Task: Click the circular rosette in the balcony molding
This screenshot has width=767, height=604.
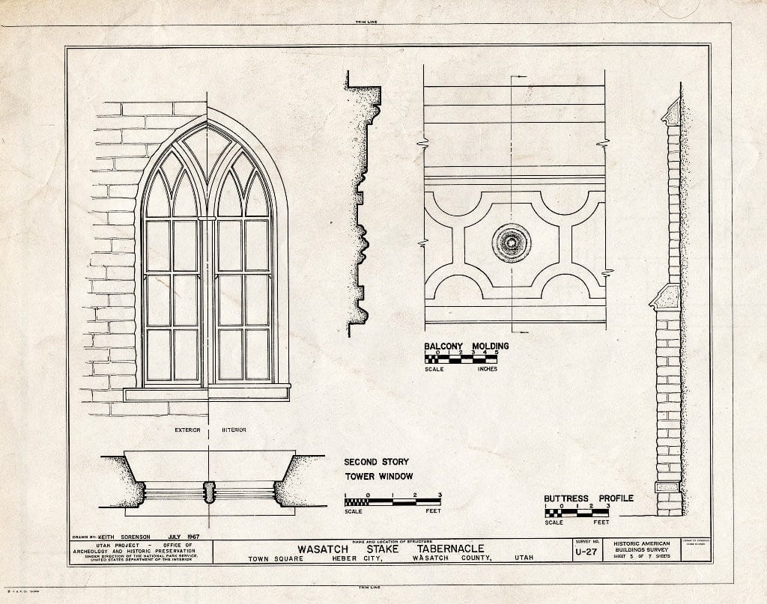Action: (512, 242)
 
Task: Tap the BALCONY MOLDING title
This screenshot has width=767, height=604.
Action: (466, 346)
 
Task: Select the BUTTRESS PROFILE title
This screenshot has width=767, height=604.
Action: (588, 498)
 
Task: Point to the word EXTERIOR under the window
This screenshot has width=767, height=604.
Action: (187, 430)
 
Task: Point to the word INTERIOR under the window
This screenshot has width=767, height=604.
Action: (234, 430)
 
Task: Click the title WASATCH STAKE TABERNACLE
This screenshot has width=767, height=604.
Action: (388, 548)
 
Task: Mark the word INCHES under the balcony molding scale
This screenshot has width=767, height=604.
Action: (482, 369)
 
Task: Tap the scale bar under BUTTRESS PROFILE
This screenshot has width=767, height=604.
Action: (577, 513)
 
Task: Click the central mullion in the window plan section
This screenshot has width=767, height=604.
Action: (209, 492)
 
